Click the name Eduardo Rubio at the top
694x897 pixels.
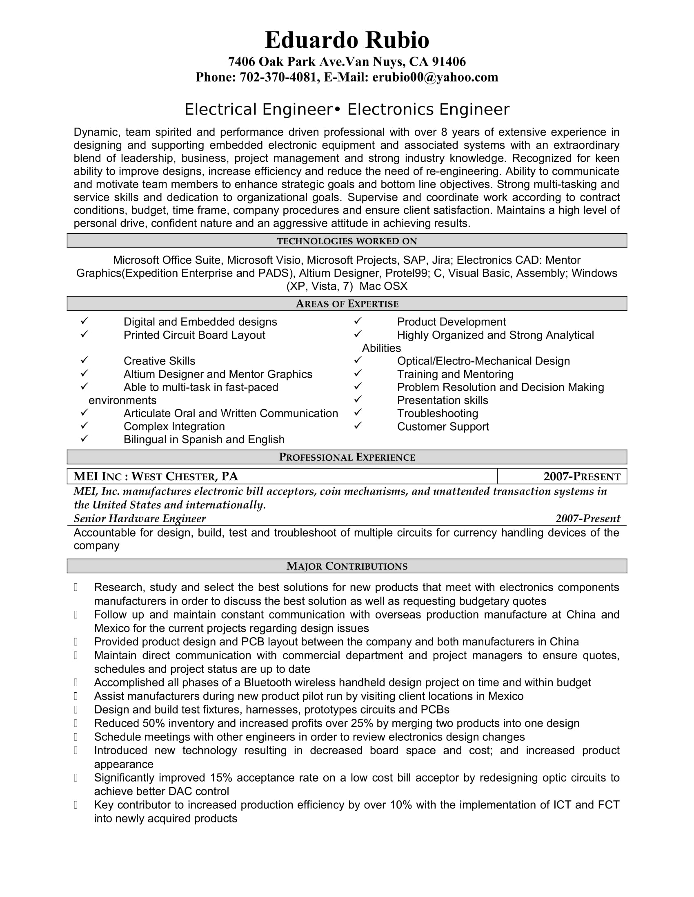(347, 40)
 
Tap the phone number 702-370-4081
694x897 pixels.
(278, 77)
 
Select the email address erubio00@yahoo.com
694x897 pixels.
(435, 77)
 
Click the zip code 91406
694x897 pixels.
(449, 62)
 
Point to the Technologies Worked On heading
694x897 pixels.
(347, 241)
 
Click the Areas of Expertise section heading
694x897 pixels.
(347, 304)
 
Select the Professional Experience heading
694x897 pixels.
(347, 457)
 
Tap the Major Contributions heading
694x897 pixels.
(347, 566)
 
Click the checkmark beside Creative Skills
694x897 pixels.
(85, 360)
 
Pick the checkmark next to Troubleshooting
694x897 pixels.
(358, 412)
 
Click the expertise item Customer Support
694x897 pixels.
(443, 427)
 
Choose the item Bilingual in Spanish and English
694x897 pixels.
(204, 440)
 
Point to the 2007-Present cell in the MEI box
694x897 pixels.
(581, 476)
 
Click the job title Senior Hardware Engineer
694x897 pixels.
(140, 518)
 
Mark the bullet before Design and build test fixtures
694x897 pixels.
(76, 710)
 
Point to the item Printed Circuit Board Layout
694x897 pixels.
(194, 335)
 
